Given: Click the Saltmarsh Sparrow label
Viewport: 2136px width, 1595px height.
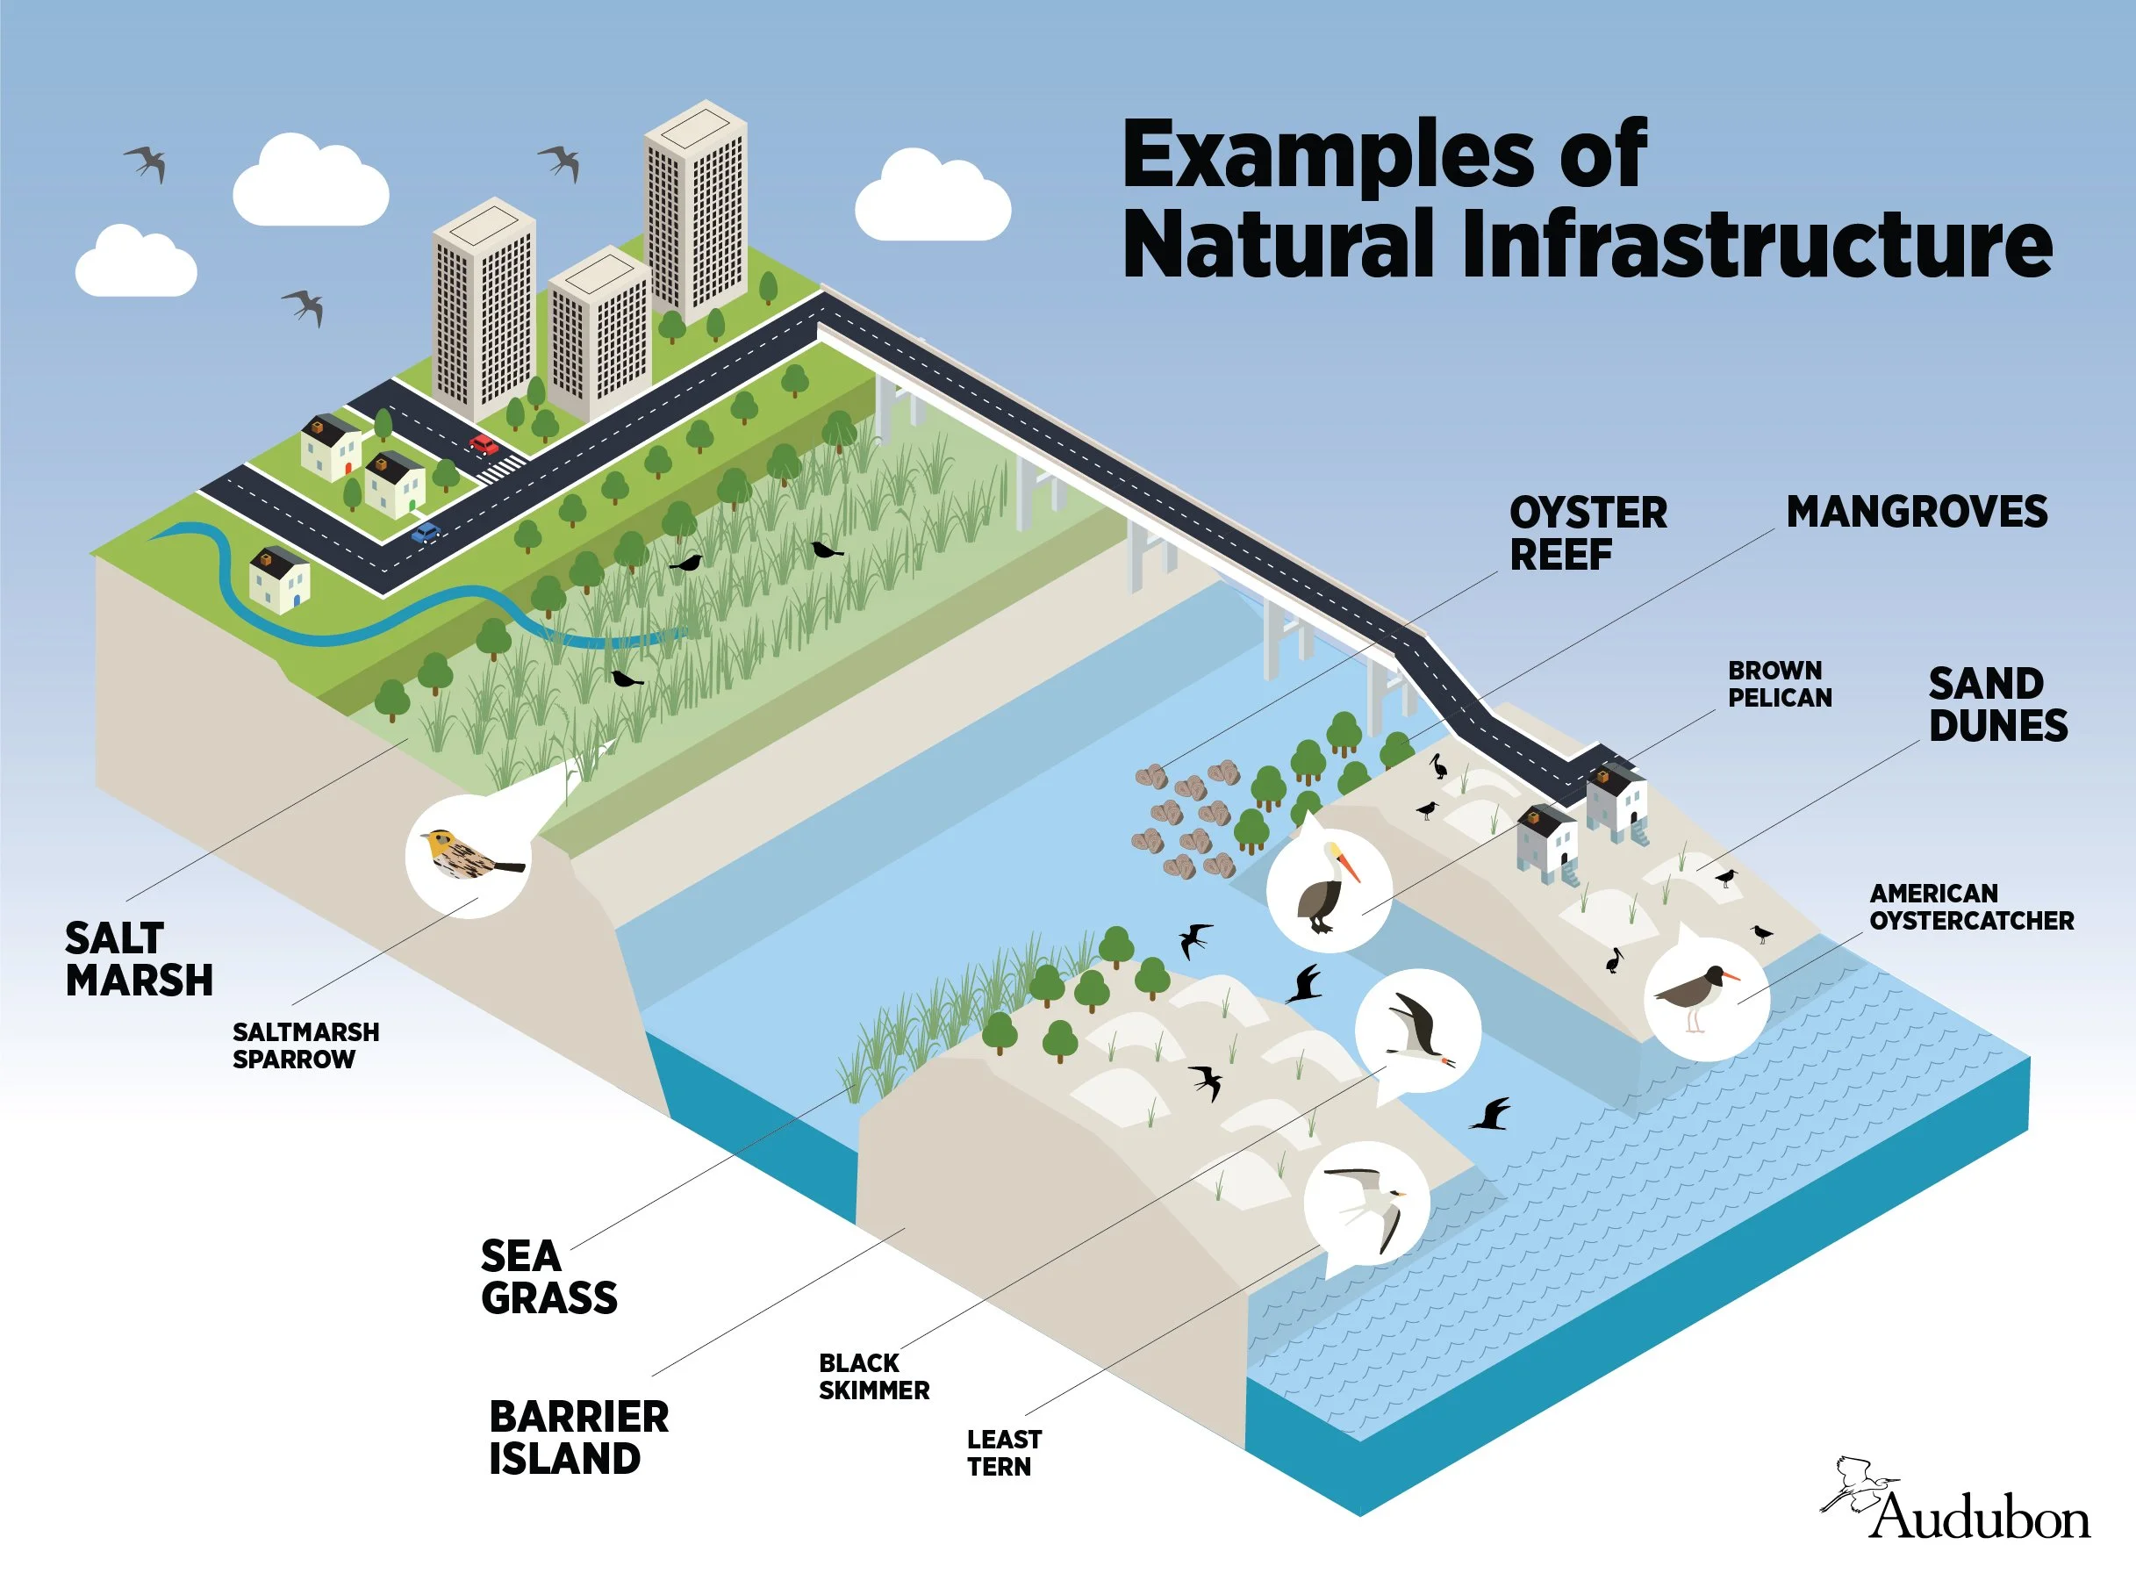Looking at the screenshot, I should pos(305,1045).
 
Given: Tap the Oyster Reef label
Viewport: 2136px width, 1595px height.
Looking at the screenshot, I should pos(1588,534).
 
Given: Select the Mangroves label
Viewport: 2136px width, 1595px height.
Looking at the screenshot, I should pos(1916,512).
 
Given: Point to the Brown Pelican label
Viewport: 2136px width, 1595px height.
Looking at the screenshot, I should pos(1779,684).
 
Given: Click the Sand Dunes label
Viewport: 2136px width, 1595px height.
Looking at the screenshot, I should pos(1997,705).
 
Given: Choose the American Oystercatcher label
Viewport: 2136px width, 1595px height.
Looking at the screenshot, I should pos(1971,907).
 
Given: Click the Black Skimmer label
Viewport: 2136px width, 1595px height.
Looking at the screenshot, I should pos(873,1376).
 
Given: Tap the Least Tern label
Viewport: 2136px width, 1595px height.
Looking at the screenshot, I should pos(1003,1452).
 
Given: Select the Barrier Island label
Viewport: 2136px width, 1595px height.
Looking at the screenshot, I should pos(578,1438).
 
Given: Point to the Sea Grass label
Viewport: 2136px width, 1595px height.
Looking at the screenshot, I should pos(548,1276).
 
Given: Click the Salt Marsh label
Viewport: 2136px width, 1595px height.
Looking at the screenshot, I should pos(138,959).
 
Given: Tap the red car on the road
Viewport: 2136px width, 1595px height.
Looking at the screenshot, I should pos(484,444).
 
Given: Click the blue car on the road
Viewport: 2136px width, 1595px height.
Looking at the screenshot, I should pos(425,532).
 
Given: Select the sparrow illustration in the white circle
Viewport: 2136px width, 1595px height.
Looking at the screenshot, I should pos(467,854).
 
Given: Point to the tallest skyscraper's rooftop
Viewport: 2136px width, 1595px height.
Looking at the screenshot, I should pos(695,126).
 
